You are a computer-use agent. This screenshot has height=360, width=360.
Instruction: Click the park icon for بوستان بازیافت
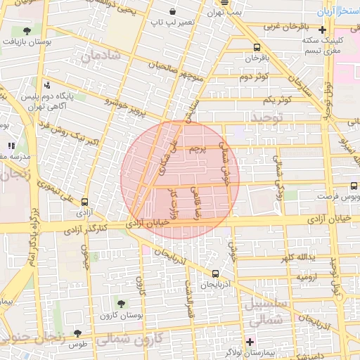pyautogui.click(x=27, y=31)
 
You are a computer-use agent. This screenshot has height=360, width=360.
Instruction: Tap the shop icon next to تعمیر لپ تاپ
pyautogui.click(x=173, y=12)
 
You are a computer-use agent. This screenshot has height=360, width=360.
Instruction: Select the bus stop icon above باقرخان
pyautogui.click(x=257, y=48)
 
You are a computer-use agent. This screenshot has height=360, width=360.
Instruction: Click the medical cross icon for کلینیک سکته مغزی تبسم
pyautogui.click(x=322, y=30)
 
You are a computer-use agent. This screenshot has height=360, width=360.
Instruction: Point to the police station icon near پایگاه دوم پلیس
pyautogui.click(x=47, y=84)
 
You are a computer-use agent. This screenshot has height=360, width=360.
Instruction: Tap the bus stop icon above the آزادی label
pyautogui.click(x=85, y=201)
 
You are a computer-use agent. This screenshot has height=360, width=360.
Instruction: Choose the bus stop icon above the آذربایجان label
pyautogui.click(x=215, y=274)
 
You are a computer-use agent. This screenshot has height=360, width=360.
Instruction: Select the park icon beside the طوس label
pyautogui.click(x=77, y=333)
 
